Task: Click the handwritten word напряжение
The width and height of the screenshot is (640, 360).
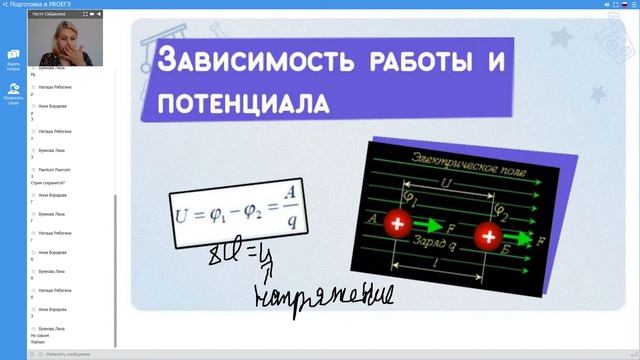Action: coord(325,296)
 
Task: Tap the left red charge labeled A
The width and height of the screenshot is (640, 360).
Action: coord(398,225)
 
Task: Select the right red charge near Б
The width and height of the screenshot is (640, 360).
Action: coord(489,236)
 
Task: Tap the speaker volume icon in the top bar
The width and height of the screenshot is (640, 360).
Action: coord(608,5)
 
